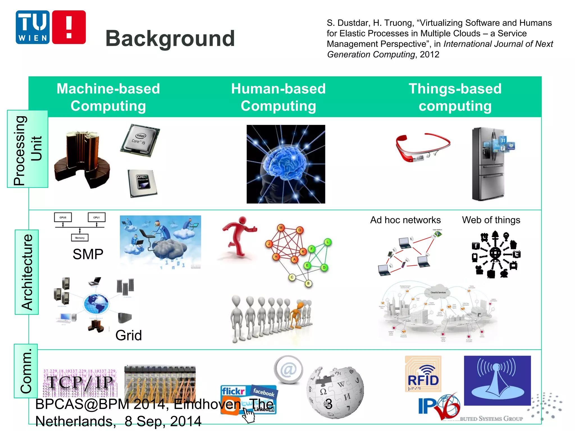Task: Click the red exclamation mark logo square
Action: click(x=69, y=27)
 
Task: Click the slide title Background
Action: click(x=170, y=38)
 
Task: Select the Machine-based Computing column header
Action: click(x=108, y=97)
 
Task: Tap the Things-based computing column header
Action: click(x=455, y=97)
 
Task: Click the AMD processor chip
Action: click(x=142, y=183)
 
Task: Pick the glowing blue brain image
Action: click(x=286, y=164)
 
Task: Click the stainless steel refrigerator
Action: click(x=490, y=164)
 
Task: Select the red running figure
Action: click(x=239, y=237)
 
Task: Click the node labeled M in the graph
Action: click(x=280, y=228)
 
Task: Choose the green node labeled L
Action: click(x=327, y=242)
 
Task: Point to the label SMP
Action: click(x=88, y=254)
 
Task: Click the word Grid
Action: click(x=129, y=335)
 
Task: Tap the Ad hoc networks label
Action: click(x=405, y=220)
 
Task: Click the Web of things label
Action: click(x=491, y=220)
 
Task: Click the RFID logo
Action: click(x=423, y=374)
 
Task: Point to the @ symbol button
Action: click(x=288, y=370)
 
